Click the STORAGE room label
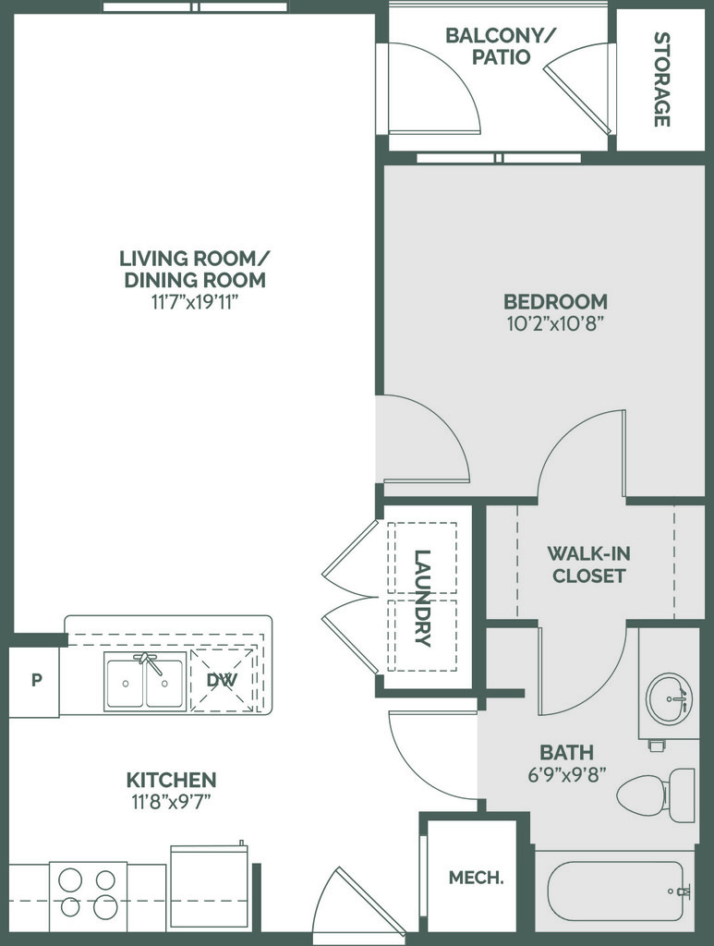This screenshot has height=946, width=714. click(x=662, y=79)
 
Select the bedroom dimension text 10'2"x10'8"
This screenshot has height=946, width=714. click(x=555, y=324)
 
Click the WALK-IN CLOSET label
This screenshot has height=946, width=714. click(x=588, y=564)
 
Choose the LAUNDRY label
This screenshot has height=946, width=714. click(x=423, y=598)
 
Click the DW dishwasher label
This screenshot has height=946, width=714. click(x=222, y=680)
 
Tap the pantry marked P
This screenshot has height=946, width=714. click(x=35, y=682)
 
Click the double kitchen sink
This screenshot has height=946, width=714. click(x=144, y=681)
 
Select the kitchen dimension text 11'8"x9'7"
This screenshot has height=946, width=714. click(x=171, y=802)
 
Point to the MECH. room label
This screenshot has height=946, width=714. click(x=476, y=878)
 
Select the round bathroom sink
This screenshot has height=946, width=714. click(x=669, y=698)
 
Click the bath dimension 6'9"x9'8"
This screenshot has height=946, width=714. click(x=567, y=774)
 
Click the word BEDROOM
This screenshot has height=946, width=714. click(x=555, y=301)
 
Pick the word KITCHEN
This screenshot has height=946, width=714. click(x=171, y=780)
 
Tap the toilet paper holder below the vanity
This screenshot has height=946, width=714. click(x=657, y=746)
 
